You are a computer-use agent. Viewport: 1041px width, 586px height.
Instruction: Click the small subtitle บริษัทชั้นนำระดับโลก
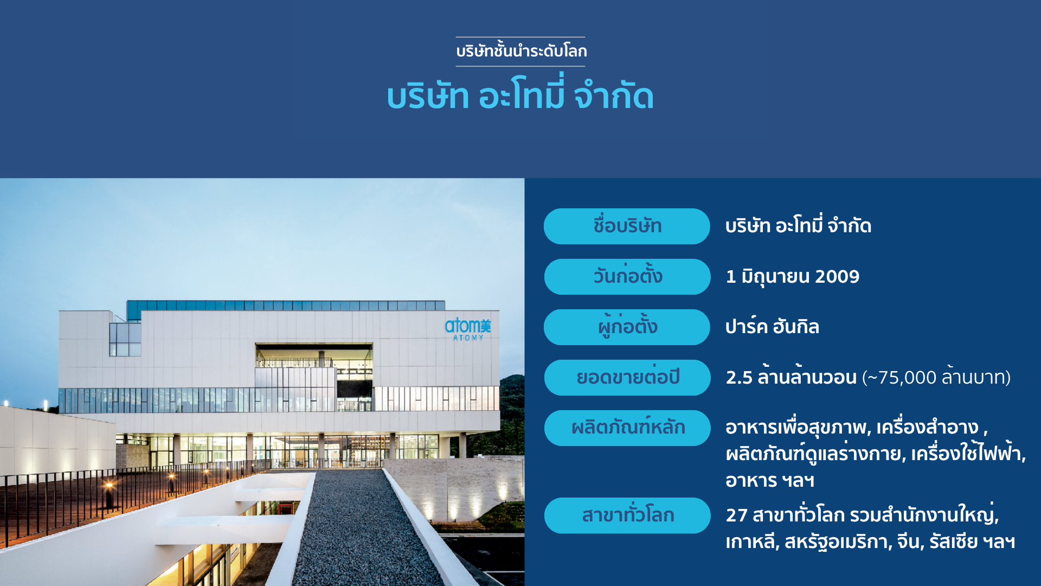pos(521,51)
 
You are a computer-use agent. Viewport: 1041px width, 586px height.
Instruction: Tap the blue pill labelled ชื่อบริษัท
pos(627,226)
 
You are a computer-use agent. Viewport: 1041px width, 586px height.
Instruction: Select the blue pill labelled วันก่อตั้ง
pos(627,277)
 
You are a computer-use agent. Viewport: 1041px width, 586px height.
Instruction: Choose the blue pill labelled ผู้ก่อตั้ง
pos(627,327)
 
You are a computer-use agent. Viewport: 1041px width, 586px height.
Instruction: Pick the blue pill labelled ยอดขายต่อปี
pos(627,378)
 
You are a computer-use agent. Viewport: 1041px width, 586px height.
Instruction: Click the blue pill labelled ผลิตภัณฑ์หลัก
pos(627,428)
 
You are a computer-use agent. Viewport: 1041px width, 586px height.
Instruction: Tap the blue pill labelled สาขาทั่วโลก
pos(627,515)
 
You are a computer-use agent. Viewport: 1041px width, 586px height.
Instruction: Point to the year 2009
pos(837,277)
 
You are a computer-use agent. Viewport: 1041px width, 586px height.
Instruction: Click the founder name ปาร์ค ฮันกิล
pos(772,327)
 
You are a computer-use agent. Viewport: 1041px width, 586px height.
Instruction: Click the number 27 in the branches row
pos(736,515)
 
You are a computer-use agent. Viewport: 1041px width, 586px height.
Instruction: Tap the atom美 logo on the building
pos(468,326)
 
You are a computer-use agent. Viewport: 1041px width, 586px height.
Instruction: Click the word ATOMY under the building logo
pos(468,338)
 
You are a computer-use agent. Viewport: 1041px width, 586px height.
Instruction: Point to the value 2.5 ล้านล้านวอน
pos(791,377)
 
